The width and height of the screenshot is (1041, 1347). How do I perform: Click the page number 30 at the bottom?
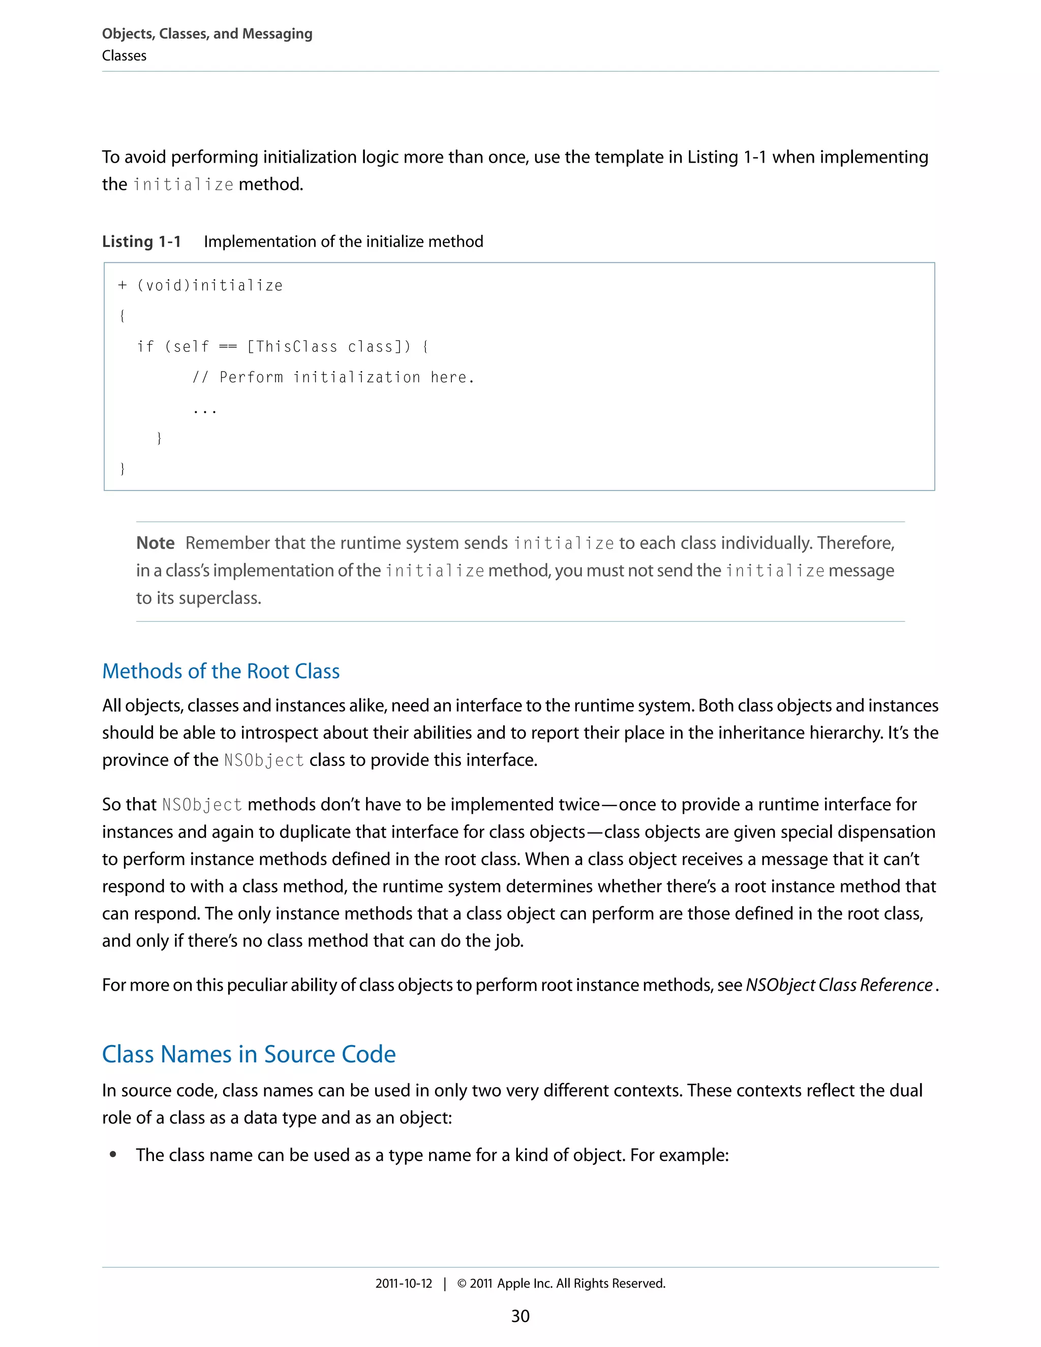point(520,1316)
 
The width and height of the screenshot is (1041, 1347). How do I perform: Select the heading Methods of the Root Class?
point(221,671)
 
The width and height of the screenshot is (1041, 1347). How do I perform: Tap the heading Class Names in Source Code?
point(249,1054)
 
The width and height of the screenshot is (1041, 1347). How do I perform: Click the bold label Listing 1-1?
point(141,241)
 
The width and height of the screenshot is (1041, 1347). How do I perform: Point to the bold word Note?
point(156,543)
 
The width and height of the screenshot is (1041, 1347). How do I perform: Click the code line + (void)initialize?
point(200,286)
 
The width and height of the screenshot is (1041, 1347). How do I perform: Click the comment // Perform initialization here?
point(333,377)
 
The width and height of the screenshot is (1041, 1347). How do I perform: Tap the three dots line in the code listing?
point(204,410)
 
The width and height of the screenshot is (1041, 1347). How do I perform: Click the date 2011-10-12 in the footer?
point(404,1283)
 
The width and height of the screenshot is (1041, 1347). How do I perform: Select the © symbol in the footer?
point(462,1283)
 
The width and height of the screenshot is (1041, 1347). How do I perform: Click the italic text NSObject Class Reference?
point(839,985)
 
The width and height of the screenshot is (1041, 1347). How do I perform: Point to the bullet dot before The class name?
point(113,1155)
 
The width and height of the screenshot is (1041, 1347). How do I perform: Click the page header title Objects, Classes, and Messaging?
point(207,34)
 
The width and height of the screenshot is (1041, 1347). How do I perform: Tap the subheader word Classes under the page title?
point(124,55)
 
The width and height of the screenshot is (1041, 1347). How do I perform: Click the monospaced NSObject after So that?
point(202,805)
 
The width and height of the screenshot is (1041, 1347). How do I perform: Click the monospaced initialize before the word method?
point(183,185)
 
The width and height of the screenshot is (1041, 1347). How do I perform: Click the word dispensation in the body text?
point(886,832)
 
